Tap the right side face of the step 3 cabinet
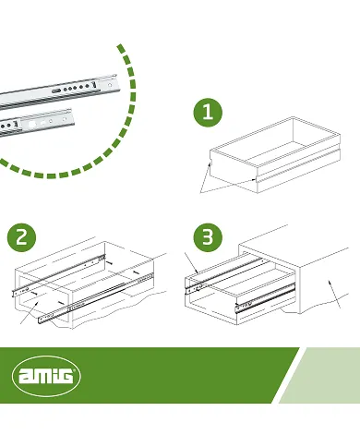tap(328, 291)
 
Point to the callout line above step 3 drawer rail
tap(190, 263)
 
